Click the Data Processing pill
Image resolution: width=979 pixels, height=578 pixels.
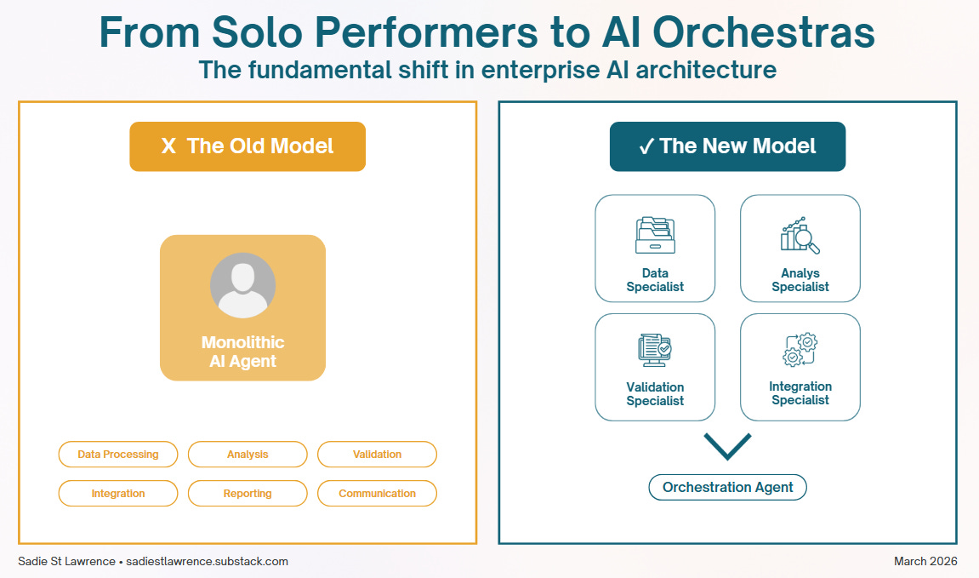[x=118, y=455]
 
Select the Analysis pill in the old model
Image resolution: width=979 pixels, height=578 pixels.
[x=248, y=455]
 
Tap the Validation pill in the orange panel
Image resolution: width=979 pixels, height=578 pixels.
[x=377, y=455]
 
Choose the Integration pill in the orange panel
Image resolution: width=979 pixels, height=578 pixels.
[x=118, y=494]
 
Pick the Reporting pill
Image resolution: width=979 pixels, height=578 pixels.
[x=248, y=494]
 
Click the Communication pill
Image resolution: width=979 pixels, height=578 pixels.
[x=377, y=494]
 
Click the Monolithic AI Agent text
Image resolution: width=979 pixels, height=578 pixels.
[x=242, y=352]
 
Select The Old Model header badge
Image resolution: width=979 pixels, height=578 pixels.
[x=248, y=146]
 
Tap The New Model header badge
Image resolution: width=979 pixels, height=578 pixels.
[x=727, y=146]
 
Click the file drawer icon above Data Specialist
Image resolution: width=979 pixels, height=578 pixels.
[x=655, y=236]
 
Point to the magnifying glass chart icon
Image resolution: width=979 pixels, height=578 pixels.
[x=800, y=236]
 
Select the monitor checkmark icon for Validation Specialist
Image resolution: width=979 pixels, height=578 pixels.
[x=655, y=350]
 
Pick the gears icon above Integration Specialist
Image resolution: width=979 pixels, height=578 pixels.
[x=800, y=350]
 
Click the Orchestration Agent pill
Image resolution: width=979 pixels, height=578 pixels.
[x=727, y=488]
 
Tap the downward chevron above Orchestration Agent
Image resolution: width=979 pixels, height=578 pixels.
[x=727, y=447]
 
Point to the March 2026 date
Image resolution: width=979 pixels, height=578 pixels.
[x=925, y=561]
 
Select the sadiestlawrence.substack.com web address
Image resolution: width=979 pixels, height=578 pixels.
[x=208, y=561]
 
